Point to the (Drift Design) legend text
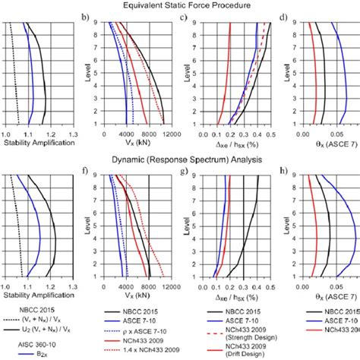pos(242,355)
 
